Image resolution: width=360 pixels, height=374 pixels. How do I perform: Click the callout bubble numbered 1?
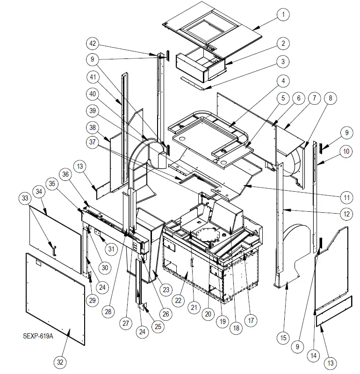(282, 15)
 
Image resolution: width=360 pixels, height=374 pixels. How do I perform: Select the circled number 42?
(93, 43)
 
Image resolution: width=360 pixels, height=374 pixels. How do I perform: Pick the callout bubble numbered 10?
(346, 151)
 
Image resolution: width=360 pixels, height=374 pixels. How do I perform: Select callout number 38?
(93, 127)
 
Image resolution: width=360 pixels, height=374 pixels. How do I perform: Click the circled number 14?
(314, 356)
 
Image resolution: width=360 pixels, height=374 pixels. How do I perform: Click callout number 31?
(111, 249)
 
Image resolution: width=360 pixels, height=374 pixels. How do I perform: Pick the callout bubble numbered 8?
(330, 98)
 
